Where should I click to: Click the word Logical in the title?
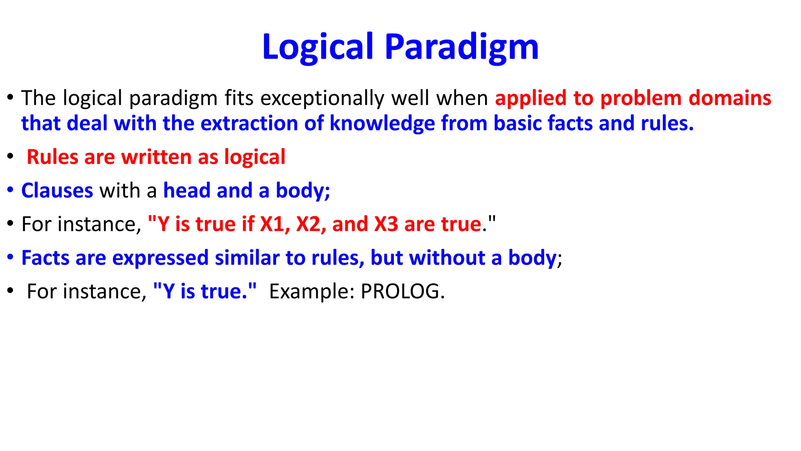pyautogui.click(x=318, y=47)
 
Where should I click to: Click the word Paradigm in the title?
pyautogui.click(x=462, y=47)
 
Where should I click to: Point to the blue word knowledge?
pyautogui.click(x=382, y=123)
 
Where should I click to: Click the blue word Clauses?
pyautogui.click(x=57, y=191)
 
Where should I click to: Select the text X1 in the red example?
pyautogui.click(x=272, y=224)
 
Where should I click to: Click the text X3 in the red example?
pyautogui.click(x=386, y=224)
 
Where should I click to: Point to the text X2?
pyautogui.click(x=309, y=224)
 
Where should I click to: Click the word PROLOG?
pyautogui.click(x=402, y=292)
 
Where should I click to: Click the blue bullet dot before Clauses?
pyautogui.click(x=10, y=191)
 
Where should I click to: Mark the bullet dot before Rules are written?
pyautogui.click(x=10, y=157)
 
